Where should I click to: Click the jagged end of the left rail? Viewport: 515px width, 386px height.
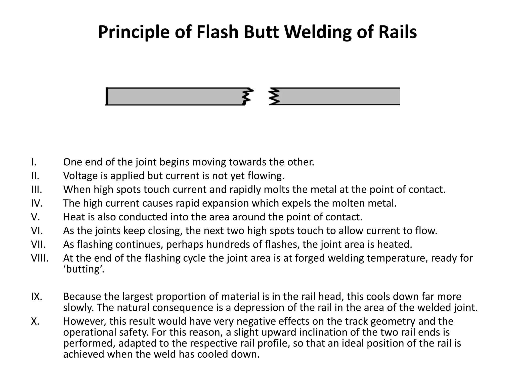click(247, 96)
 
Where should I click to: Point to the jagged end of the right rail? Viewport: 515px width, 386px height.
click(274, 96)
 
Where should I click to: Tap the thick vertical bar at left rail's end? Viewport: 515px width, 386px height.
click(107, 96)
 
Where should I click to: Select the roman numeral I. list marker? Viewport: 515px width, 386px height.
click(34, 162)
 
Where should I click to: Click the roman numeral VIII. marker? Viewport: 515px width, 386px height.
click(40, 258)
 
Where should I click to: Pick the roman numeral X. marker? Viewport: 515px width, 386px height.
click(35, 321)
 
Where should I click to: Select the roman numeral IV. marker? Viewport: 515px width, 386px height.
click(37, 203)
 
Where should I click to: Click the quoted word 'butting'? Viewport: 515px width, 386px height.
click(83, 269)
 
